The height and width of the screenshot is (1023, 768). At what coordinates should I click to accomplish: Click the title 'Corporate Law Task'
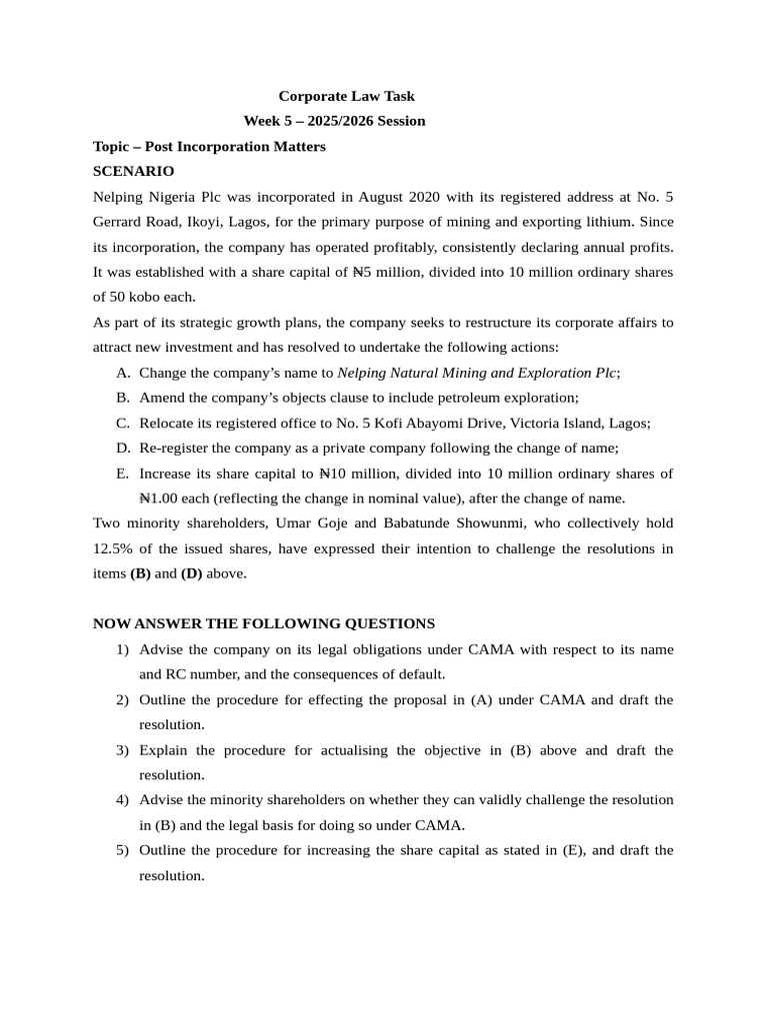tap(346, 96)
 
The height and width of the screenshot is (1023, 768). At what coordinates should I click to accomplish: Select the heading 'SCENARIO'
tap(133, 171)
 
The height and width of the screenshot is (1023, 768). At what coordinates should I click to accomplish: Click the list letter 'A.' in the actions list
tap(123, 373)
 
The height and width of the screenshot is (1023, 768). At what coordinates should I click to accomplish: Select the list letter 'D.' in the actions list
tap(123, 448)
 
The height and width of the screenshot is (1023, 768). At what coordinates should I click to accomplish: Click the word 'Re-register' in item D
tap(173, 448)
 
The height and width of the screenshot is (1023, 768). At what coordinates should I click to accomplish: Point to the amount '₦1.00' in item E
tap(159, 498)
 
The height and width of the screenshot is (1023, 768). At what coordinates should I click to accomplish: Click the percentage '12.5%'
tap(112, 548)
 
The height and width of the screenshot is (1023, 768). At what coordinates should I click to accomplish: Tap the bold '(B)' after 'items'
tap(140, 573)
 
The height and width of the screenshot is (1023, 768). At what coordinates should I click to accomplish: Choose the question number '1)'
tap(122, 649)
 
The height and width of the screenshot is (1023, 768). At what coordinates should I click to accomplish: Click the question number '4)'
tap(122, 800)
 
